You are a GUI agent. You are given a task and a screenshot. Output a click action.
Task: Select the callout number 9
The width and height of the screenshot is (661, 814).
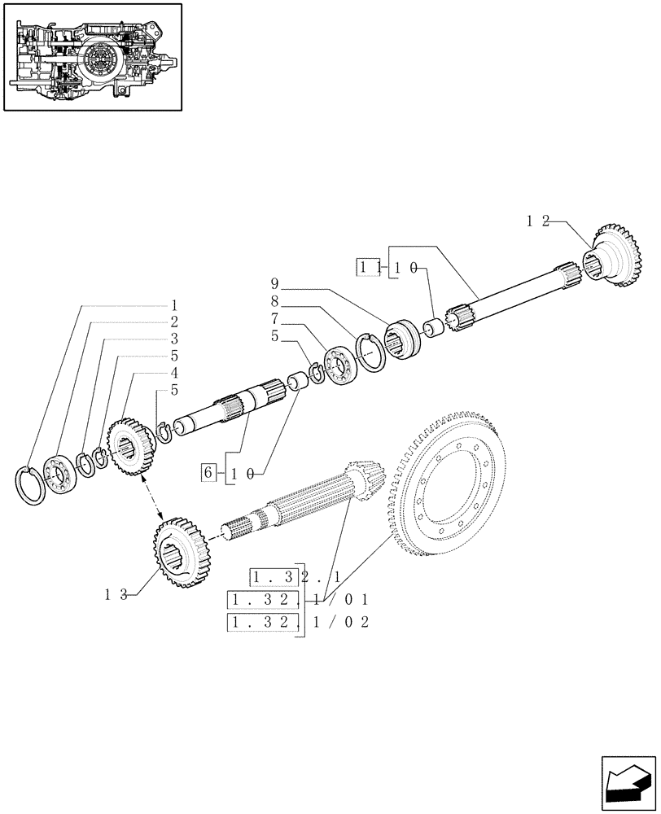(276, 284)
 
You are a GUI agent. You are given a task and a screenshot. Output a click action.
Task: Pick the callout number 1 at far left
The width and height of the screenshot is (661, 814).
(173, 305)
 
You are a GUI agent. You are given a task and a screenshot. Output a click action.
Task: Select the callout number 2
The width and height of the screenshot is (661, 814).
(173, 322)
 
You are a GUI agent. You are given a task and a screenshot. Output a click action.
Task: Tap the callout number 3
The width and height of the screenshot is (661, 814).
(173, 339)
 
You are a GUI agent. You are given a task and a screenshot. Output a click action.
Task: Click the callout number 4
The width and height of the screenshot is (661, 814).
(173, 373)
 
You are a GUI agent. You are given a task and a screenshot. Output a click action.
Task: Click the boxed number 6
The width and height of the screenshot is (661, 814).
(208, 472)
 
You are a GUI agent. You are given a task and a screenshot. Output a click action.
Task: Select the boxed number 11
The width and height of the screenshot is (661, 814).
(367, 267)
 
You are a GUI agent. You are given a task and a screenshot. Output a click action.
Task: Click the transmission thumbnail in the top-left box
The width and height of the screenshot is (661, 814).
(92, 56)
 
